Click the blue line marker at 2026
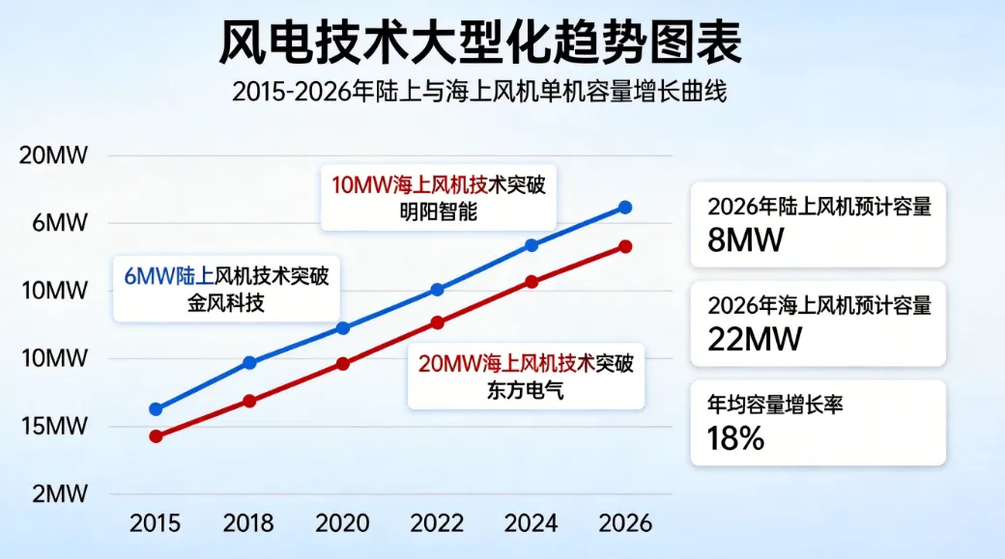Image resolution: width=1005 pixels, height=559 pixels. coord(625,208)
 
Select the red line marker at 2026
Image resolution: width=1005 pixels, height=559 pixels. coord(625,246)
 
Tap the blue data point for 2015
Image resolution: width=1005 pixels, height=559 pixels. coord(156,409)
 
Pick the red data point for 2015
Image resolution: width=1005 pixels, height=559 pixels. coord(156,436)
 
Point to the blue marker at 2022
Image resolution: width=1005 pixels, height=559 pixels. coord(437,290)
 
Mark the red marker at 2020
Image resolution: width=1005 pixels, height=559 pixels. coord(343,364)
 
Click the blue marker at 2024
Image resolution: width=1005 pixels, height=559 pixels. coord(531,245)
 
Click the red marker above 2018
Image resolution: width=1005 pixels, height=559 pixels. coord(249,401)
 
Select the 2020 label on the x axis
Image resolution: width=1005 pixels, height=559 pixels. coord(343,523)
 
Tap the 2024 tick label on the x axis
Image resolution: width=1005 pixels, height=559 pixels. coord(531,523)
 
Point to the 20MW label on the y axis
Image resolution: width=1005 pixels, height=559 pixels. coord(54,155)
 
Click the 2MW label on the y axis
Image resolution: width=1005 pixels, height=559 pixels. coord(59,494)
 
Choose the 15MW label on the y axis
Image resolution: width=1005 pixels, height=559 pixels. coord(54,426)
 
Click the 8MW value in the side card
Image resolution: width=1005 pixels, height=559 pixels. coord(744,240)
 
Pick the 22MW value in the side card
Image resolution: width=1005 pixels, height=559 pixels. coord(755,340)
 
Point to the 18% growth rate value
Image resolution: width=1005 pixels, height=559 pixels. coord(729,438)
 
